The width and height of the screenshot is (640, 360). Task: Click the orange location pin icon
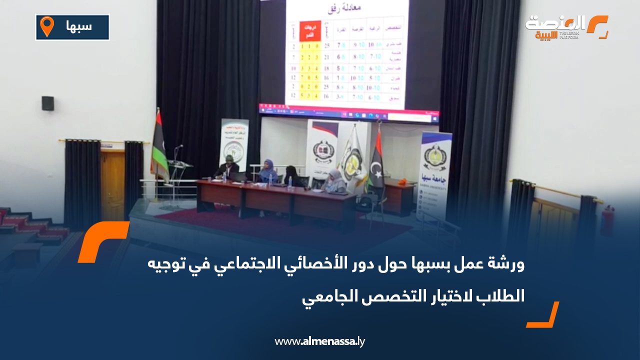[x=46, y=26]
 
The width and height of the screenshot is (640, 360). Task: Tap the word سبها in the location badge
[x=79, y=26]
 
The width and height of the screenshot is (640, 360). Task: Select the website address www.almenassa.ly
[x=320, y=341]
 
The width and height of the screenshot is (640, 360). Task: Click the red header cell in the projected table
[x=309, y=31]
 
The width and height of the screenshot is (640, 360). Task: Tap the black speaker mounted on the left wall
[x=47, y=103]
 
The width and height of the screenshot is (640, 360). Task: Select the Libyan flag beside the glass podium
[x=159, y=147]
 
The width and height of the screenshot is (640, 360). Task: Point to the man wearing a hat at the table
[x=228, y=167]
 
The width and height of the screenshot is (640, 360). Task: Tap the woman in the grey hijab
[x=334, y=180]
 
